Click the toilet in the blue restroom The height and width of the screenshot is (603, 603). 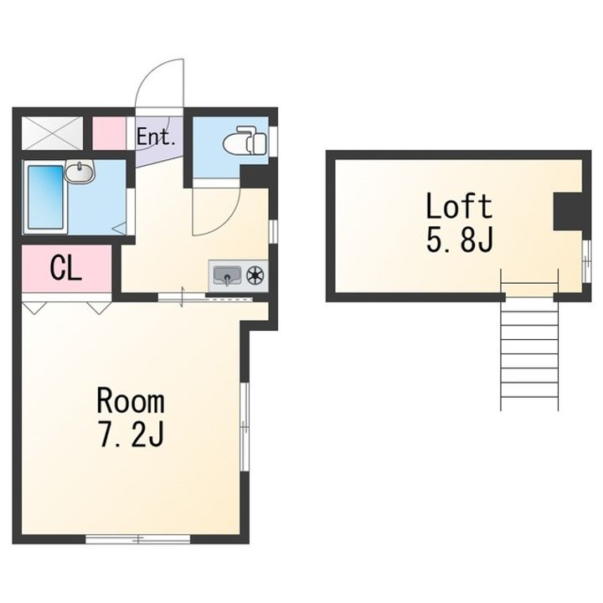tap(245, 141)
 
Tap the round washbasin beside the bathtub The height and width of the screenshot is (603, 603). tap(80, 172)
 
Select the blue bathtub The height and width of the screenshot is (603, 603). tap(46, 197)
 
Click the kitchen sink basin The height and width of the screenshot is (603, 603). tap(227, 276)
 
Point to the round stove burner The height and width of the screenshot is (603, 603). tap(255, 276)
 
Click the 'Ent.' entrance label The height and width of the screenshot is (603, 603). tap(156, 137)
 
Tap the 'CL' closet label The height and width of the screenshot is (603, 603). tap(66, 268)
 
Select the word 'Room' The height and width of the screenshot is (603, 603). tap(131, 401)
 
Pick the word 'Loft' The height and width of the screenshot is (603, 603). tap(459, 206)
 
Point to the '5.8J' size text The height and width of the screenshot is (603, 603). tap(460, 239)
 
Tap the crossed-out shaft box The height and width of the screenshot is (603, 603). tap(52, 133)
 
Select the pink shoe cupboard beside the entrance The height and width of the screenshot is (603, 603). tap(109, 133)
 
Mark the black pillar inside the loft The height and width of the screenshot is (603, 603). tap(568, 212)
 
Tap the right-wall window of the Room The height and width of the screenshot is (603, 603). tap(245, 426)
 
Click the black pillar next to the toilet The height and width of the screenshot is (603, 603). tap(254, 177)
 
